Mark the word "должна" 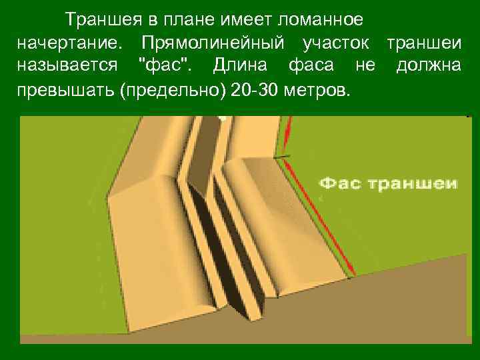tap(428, 67)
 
